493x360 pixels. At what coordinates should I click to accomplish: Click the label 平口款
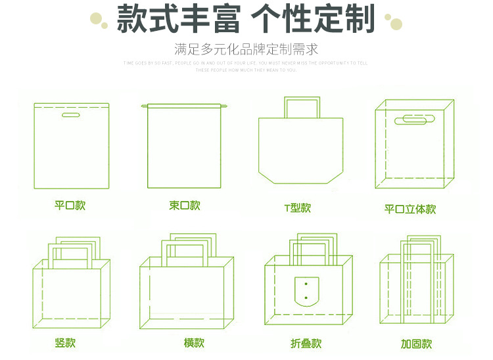click(x=70, y=206)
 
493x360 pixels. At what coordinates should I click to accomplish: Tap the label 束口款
click(x=185, y=206)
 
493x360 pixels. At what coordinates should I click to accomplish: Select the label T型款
click(x=297, y=208)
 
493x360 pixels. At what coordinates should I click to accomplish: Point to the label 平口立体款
click(x=410, y=209)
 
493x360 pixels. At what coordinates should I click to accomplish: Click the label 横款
click(x=194, y=343)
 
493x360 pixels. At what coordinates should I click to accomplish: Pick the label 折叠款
click(x=306, y=344)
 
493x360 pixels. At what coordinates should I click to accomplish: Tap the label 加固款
click(x=416, y=344)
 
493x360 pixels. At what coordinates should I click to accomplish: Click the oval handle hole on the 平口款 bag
click(x=70, y=116)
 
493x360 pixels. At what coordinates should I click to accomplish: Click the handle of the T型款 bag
click(x=302, y=107)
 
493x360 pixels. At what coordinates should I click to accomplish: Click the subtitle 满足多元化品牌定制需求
click(x=246, y=50)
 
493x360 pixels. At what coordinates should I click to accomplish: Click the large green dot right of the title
click(x=396, y=26)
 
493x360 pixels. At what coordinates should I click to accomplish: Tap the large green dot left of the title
click(x=104, y=25)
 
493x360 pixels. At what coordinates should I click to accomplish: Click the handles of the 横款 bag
click(x=189, y=246)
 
